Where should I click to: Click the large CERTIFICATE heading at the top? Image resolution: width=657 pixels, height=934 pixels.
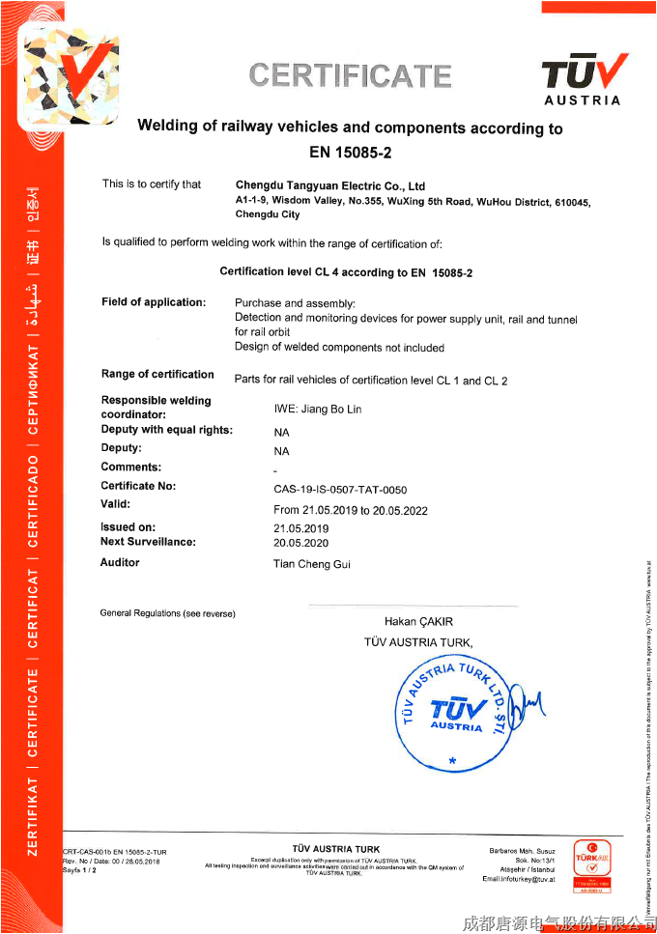[x=350, y=75]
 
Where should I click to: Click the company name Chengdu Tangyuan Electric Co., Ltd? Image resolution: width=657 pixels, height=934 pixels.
[x=330, y=185]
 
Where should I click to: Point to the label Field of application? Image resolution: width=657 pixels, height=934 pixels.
[x=154, y=302]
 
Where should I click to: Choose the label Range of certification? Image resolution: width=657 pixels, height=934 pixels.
[x=157, y=374]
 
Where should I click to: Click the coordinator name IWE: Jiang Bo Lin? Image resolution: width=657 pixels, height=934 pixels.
[x=318, y=410]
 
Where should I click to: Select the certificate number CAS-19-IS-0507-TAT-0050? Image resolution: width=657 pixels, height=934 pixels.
[x=340, y=490]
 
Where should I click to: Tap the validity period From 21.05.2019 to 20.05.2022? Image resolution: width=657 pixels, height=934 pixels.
[x=350, y=510]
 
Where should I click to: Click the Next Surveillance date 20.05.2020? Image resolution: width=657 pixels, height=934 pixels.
[x=301, y=543]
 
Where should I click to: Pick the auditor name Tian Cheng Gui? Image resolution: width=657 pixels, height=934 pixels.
[x=312, y=563]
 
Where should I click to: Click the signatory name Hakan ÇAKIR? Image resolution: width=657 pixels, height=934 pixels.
[x=418, y=621]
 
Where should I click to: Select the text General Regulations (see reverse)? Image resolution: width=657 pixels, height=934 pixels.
[x=167, y=613]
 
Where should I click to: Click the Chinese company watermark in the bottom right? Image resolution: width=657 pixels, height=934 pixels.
[x=554, y=922]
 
